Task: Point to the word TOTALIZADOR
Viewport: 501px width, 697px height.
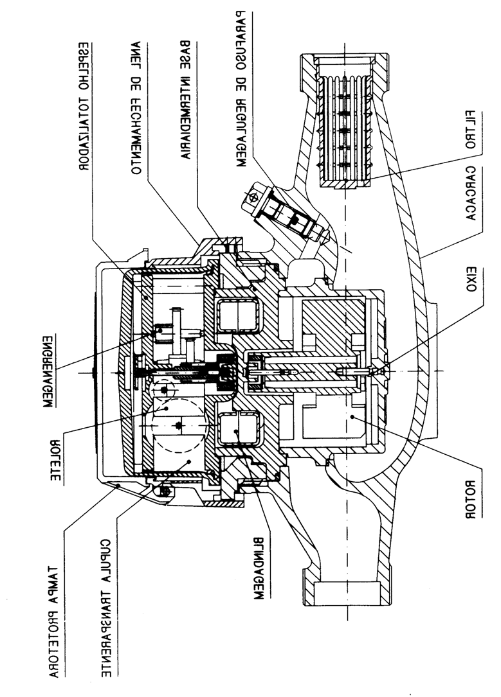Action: point(84,134)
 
